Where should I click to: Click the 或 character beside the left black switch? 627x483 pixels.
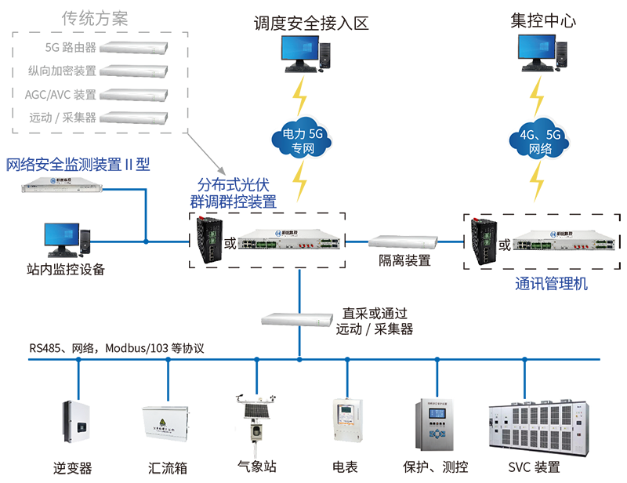pyautogui.click(x=230, y=242)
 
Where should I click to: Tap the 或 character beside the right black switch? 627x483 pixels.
pyautogui.click(x=506, y=244)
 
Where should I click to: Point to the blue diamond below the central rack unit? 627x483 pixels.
pyautogui.click(x=302, y=287)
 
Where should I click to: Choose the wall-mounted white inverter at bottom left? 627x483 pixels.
pyautogui.click(x=76, y=423)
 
